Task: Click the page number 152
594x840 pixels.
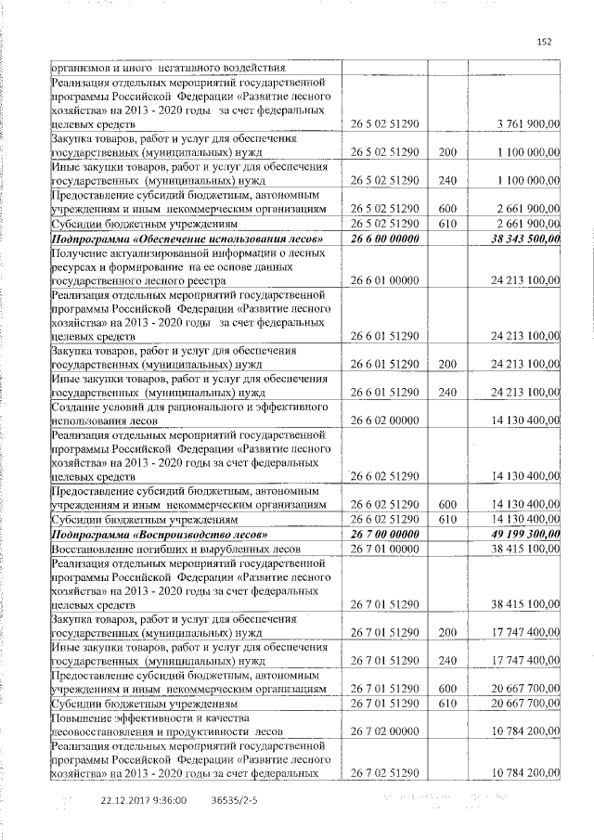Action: coord(544,40)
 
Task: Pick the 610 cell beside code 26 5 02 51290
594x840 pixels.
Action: coord(448,224)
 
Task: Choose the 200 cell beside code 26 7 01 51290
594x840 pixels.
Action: coord(448,632)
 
